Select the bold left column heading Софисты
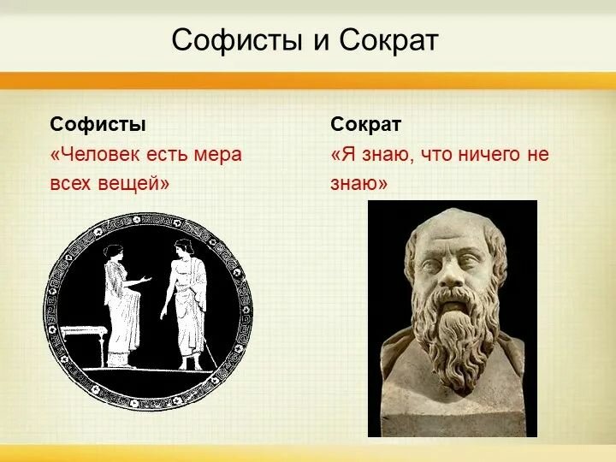click(x=98, y=124)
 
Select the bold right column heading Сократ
click(x=365, y=124)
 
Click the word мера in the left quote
click(x=219, y=155)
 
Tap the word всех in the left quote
click(x=71, y=183)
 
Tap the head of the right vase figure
click(x=181, y=250)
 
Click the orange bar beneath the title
click(x=308, y=80)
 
